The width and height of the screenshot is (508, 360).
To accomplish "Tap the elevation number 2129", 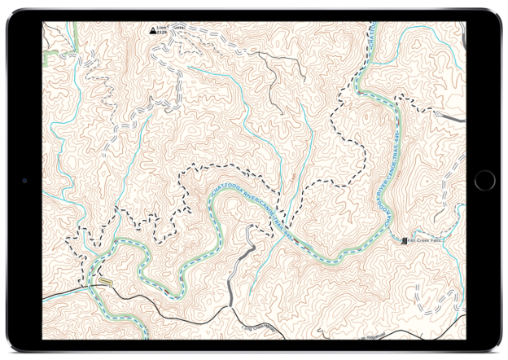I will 161,36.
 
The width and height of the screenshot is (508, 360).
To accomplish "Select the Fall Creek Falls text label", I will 426,240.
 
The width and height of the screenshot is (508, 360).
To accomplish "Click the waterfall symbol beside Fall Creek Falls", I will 406,240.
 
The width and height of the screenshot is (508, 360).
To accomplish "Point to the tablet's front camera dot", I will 24,180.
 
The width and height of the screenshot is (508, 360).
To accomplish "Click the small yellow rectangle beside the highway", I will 103,283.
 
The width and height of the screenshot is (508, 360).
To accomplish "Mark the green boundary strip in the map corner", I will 51,50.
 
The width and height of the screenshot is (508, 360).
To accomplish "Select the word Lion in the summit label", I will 162,29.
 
